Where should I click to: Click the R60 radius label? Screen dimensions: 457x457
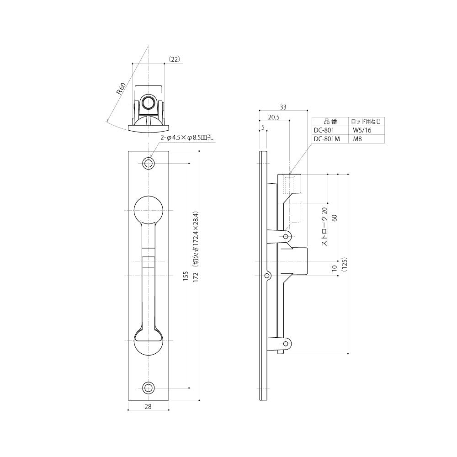[121, 89]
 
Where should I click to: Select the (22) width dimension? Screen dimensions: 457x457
[174, 59]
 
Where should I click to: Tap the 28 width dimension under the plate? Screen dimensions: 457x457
[148, 407]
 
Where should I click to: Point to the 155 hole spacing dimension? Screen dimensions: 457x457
[186, 276]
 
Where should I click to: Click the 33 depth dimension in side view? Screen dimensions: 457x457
[283, 107]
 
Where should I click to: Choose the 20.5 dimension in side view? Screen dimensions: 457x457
[274, 117]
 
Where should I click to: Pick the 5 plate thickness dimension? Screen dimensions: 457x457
[263, 128]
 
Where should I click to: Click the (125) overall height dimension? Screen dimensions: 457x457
[345, 264]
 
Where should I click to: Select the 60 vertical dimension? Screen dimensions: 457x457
[335, 218]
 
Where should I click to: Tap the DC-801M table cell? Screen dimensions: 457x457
[327, 139]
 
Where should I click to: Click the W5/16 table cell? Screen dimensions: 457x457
[362, 130]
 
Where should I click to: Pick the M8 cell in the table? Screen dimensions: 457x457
[357, 139]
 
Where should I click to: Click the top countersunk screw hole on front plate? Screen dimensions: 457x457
[149, 163]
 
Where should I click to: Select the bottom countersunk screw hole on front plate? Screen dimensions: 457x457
[149, 388]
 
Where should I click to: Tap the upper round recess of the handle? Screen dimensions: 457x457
[149, 210]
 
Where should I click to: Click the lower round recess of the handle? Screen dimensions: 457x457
[149, 341]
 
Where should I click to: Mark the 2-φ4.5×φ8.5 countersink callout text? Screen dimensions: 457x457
[187, 138]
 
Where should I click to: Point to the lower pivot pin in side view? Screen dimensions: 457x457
[286, 344]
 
